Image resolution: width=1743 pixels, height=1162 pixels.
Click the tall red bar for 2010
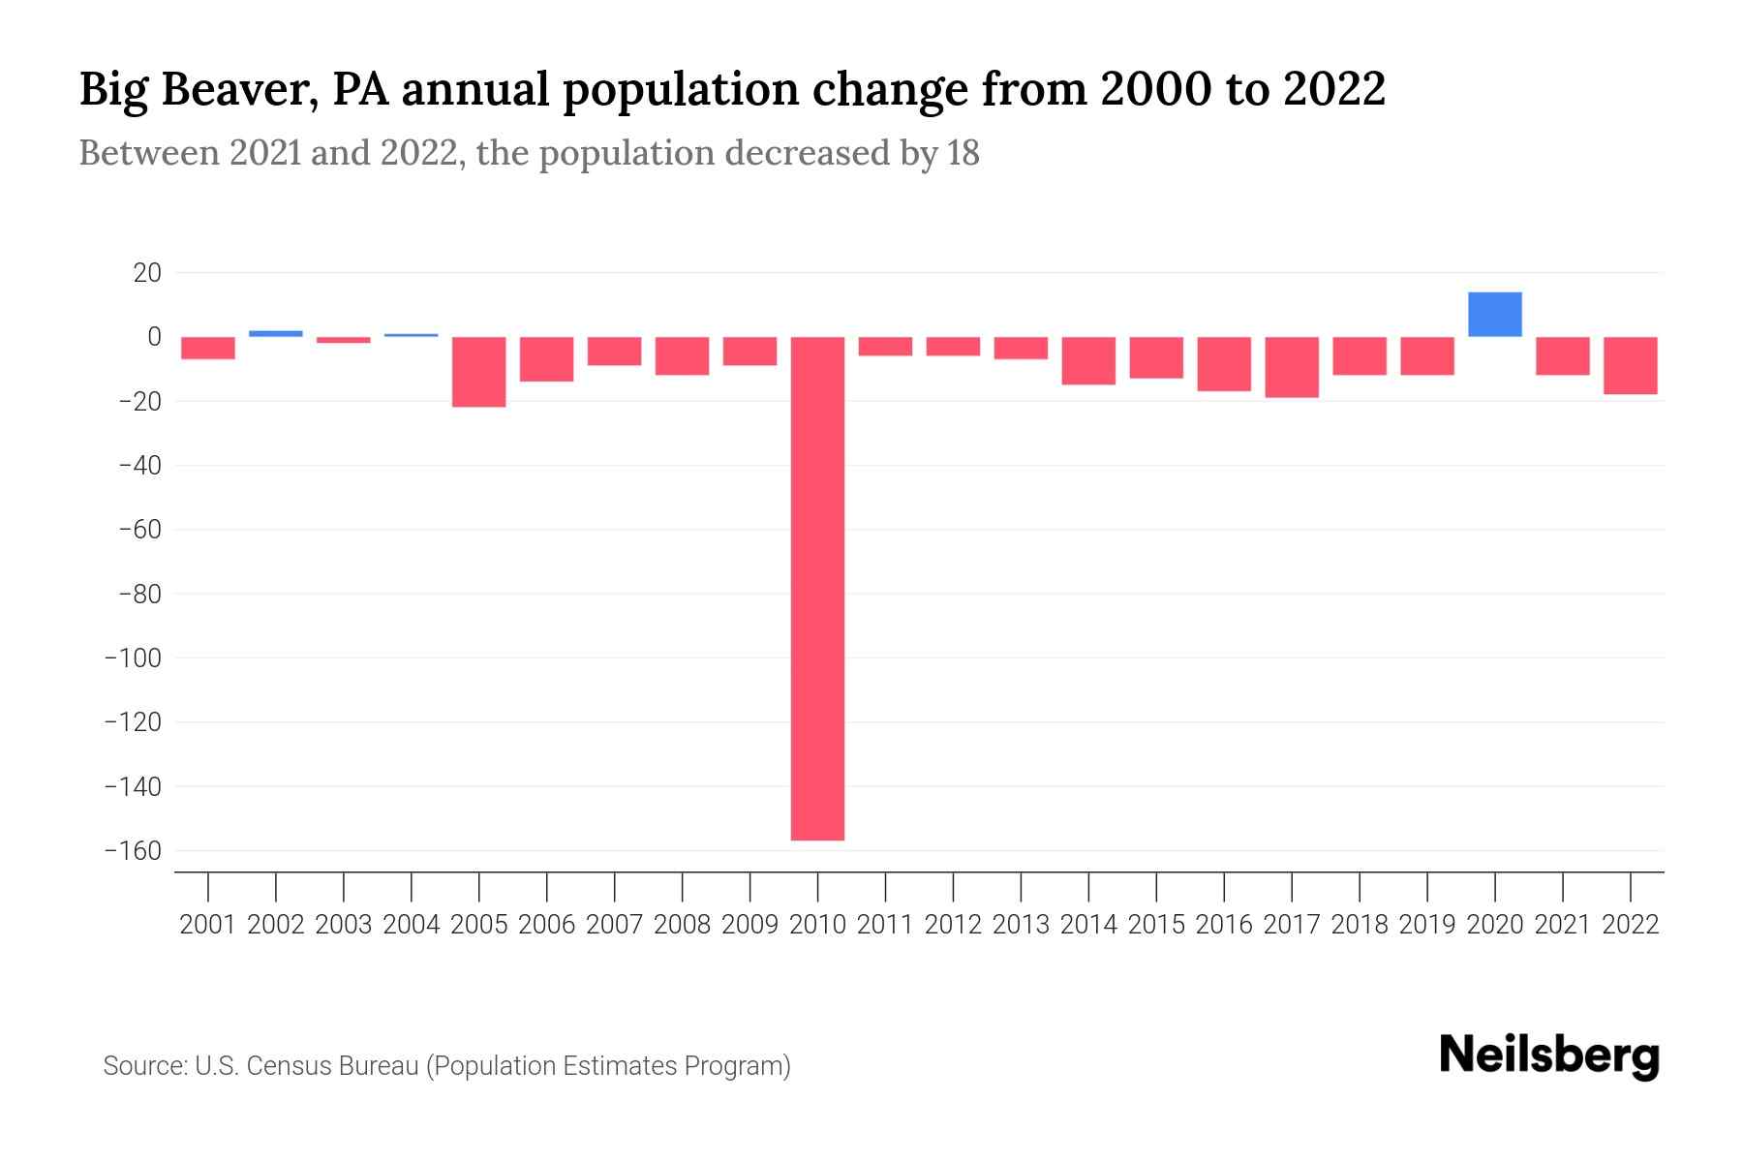(817, 588)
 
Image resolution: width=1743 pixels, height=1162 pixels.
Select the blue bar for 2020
(1494, 315)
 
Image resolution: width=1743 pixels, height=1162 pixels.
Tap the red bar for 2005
(479, 372)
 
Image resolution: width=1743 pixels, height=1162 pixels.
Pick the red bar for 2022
(1630, 365)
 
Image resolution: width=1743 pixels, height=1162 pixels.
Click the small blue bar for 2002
(276, 333)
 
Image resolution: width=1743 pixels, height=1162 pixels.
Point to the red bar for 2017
(1291, 367)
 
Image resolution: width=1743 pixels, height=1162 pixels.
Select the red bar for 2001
(208, 348)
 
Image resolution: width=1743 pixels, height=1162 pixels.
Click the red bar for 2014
(1088, 360)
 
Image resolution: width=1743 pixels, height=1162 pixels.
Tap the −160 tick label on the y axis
(133, 851)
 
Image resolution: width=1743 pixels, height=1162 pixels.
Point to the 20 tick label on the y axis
(147, 273)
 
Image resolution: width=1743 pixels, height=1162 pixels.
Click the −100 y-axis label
(133, 658)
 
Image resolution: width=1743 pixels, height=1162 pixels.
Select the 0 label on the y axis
(154, 337)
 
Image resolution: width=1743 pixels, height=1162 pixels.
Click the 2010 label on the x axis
(817, 925)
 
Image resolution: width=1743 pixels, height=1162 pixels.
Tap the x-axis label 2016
(1223, 925)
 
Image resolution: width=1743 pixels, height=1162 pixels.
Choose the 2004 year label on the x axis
(412, 925)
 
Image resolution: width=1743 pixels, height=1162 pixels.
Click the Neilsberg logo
(1548, 1056)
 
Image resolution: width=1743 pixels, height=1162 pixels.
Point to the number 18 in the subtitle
(963, 153)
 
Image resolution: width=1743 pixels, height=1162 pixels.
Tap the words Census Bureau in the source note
(333, 1066)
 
